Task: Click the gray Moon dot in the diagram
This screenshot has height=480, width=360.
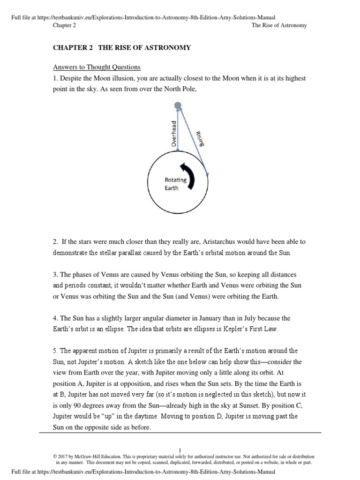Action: pyautogui.click(x=178, y=106)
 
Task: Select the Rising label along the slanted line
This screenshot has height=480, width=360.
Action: pyautogui.click(x=200, y=139)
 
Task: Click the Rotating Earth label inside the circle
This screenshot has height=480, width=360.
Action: pyautogui.click(x=175, y=184)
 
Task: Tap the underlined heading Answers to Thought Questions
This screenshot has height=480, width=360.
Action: pyautogui.click(x=97, y=67)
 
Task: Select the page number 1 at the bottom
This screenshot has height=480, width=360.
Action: pyautogui.click(x=180, y=450)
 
